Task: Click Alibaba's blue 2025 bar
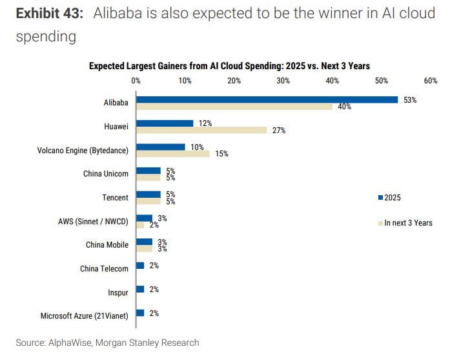[x=266, y=100]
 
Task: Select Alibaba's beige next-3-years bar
[x=234, y=107]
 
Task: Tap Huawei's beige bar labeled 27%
[x=201, y=130]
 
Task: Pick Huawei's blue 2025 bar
[x=165, y=123]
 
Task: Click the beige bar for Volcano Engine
[x=172, y=154]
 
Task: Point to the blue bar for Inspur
[x=140, y=289]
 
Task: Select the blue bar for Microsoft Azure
[x=140, y=313]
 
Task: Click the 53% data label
[x=410, y=100]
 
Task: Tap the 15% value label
[x=222, y=154]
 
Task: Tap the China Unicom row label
[x=106, y=174]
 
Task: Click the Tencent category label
[x=115, y=198]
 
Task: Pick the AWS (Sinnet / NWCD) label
[x=93, y=222]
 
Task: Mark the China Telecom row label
[x=104, y=269]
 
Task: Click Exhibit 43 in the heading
[x=50, y=13]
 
